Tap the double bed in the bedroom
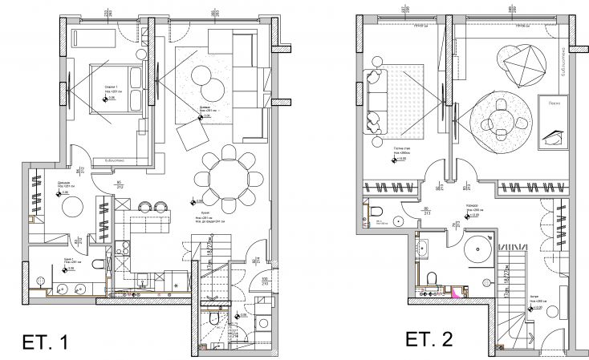click(113, 90)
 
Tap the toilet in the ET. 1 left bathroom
click(96, 265)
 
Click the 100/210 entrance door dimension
click(266, 282)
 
